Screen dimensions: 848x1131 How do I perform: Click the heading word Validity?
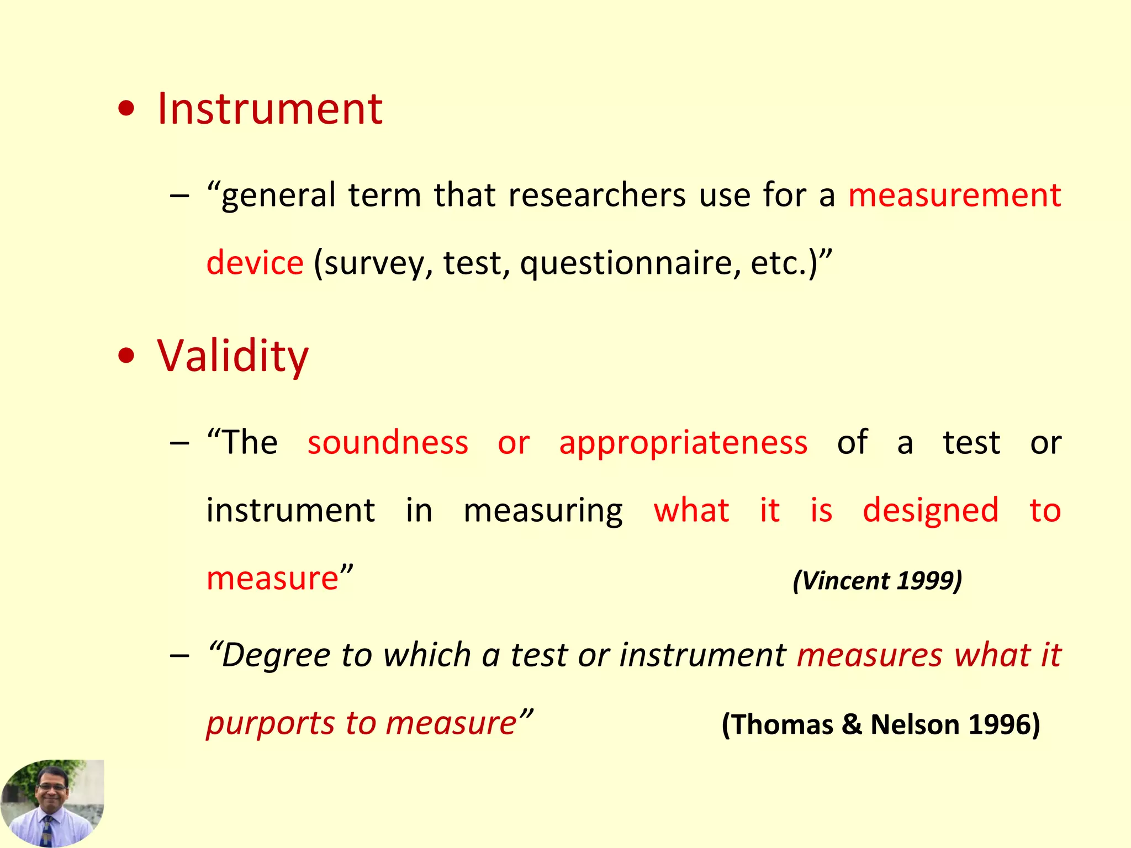232,356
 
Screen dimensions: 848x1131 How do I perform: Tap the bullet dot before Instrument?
126,110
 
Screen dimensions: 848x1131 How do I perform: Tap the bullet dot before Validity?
126,357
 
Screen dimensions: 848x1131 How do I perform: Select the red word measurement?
954,195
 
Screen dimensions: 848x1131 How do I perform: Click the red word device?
255,263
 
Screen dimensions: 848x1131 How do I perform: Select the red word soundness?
388,443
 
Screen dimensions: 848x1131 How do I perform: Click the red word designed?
931,511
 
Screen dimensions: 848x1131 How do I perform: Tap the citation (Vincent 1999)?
877,581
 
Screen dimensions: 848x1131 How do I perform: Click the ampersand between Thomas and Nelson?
852,724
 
